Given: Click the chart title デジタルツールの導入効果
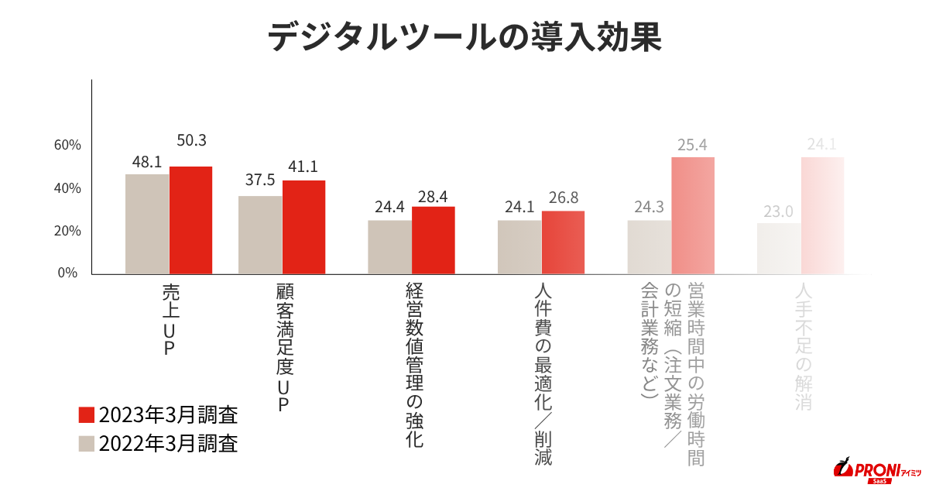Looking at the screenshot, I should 464,37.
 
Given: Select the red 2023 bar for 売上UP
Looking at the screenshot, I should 190,221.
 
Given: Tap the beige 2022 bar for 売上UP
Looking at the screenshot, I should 147,225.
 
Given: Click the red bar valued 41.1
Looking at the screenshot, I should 303,228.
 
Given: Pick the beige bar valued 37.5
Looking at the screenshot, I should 260,235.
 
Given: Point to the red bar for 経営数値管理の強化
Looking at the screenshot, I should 433,241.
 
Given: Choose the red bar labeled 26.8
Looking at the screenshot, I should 563,243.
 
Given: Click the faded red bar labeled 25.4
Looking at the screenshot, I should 692,216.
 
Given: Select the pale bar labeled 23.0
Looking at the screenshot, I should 779,249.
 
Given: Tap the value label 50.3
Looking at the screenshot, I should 191,141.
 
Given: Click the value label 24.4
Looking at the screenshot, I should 389,208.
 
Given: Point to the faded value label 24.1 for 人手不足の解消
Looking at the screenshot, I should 822,144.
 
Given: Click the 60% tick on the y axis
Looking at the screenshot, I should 67,146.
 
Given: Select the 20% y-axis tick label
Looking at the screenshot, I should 67,231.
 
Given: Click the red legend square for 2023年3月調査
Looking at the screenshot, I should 87,414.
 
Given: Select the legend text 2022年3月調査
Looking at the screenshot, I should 168,444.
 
